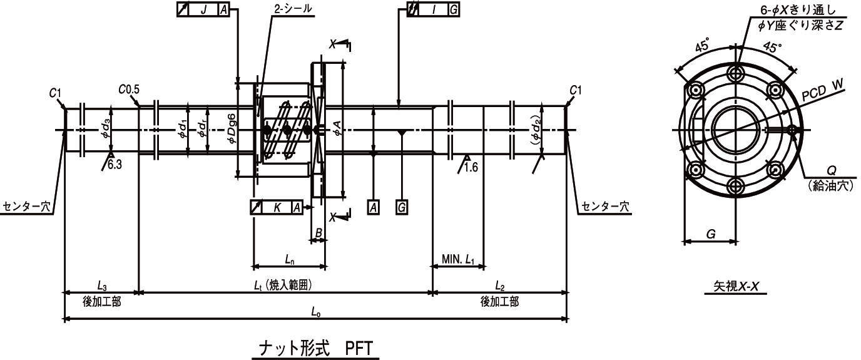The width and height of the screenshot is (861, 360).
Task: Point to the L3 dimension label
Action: pyautogui.click(x=101, y=285)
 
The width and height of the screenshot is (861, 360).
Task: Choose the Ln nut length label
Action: pyautogui.click(x=289, y=259)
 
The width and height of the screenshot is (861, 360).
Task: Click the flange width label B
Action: pyautogui.click(x=318, y=233)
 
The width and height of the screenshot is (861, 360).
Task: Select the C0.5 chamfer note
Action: pyautogui.click(x=128, y=90)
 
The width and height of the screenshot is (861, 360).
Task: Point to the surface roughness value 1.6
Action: pyautogui.click(x=470, y=168)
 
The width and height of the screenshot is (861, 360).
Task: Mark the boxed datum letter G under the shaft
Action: pyautogui.click(x=402, y=207)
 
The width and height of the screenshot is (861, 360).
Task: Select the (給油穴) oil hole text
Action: pyautogui.click(x=830, y=185)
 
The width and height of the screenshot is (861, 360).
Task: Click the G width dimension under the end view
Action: pyautogui.click(x=711, y=234)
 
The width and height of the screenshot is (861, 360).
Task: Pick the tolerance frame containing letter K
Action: pyautogui.click(x=277, y=207)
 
